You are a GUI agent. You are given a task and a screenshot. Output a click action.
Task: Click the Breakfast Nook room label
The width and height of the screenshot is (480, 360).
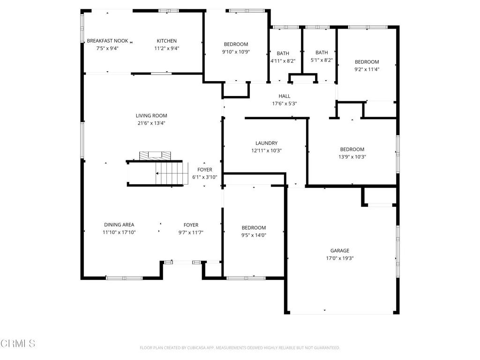(x=107, y=41)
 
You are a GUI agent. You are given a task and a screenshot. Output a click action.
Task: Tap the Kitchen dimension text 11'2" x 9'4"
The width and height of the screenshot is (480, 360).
(x=167, y=48)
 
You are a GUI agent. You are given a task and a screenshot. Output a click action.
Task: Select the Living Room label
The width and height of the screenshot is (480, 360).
(x=151, y=116)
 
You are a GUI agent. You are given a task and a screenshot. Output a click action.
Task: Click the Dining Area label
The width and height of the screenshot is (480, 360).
(x=119, y=225)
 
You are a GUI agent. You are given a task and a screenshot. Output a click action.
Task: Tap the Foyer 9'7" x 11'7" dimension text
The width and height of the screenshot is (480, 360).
(x=191, y=232)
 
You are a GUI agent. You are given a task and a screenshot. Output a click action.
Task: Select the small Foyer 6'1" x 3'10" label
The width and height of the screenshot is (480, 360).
(x=205, y=170)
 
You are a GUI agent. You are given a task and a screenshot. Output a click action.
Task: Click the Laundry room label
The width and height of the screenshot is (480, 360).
(x=266, y=143)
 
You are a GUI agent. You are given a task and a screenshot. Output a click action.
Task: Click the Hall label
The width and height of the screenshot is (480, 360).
(x=285, y=97)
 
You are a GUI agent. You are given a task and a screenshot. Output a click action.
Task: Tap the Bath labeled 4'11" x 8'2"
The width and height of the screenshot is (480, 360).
(x=283, y=53)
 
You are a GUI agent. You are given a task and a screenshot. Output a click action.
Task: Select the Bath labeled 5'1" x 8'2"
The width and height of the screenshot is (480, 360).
(x=322, y=53)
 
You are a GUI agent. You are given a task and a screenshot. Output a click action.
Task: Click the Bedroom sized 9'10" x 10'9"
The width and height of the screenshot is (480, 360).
(x=236, y=45)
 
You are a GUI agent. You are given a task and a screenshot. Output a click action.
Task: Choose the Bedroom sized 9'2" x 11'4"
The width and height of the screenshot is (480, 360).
(x=367, y=62)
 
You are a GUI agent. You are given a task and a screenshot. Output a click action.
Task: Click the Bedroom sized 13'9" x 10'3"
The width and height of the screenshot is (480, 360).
(x=352, y=150)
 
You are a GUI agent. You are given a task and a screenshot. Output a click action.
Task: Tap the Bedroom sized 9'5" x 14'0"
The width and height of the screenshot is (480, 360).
(x=254, y=228)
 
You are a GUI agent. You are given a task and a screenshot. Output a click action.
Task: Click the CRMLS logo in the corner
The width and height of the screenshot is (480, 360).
(x=18, y=343)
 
